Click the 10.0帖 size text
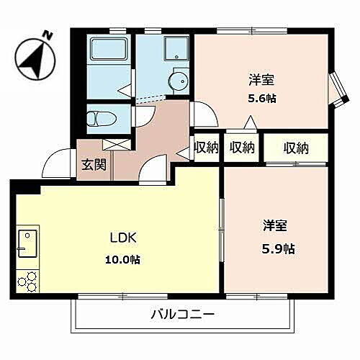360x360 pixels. [124, 259]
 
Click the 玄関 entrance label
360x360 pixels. [94, 164]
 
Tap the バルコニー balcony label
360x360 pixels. [183, 314]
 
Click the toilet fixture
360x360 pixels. [99, 117]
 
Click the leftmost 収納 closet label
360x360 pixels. [207, 148]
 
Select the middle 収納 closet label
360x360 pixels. [242, 148]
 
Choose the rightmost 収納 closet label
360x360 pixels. [295, 148]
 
